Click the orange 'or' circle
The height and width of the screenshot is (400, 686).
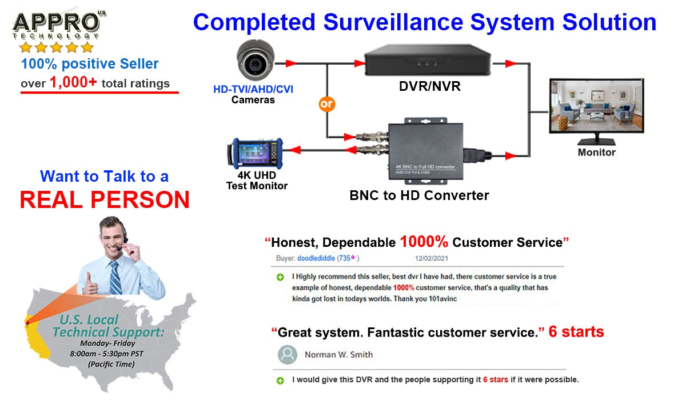[326, 104]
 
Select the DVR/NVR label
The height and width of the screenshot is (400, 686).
[429, 87]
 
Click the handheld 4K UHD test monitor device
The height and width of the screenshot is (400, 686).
[256, 154]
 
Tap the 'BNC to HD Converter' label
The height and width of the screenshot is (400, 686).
[419, 195]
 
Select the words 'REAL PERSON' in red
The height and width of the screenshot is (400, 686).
[105, 199]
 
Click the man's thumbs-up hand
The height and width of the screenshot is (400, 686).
[90, 283]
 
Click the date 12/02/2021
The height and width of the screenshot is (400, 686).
[432, 258]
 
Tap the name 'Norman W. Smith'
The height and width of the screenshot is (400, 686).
[338, 355]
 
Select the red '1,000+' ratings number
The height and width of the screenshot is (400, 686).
[73, 82]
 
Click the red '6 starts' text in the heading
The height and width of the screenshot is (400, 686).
[576, 331]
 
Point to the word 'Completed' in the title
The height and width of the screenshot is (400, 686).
[254, 22]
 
